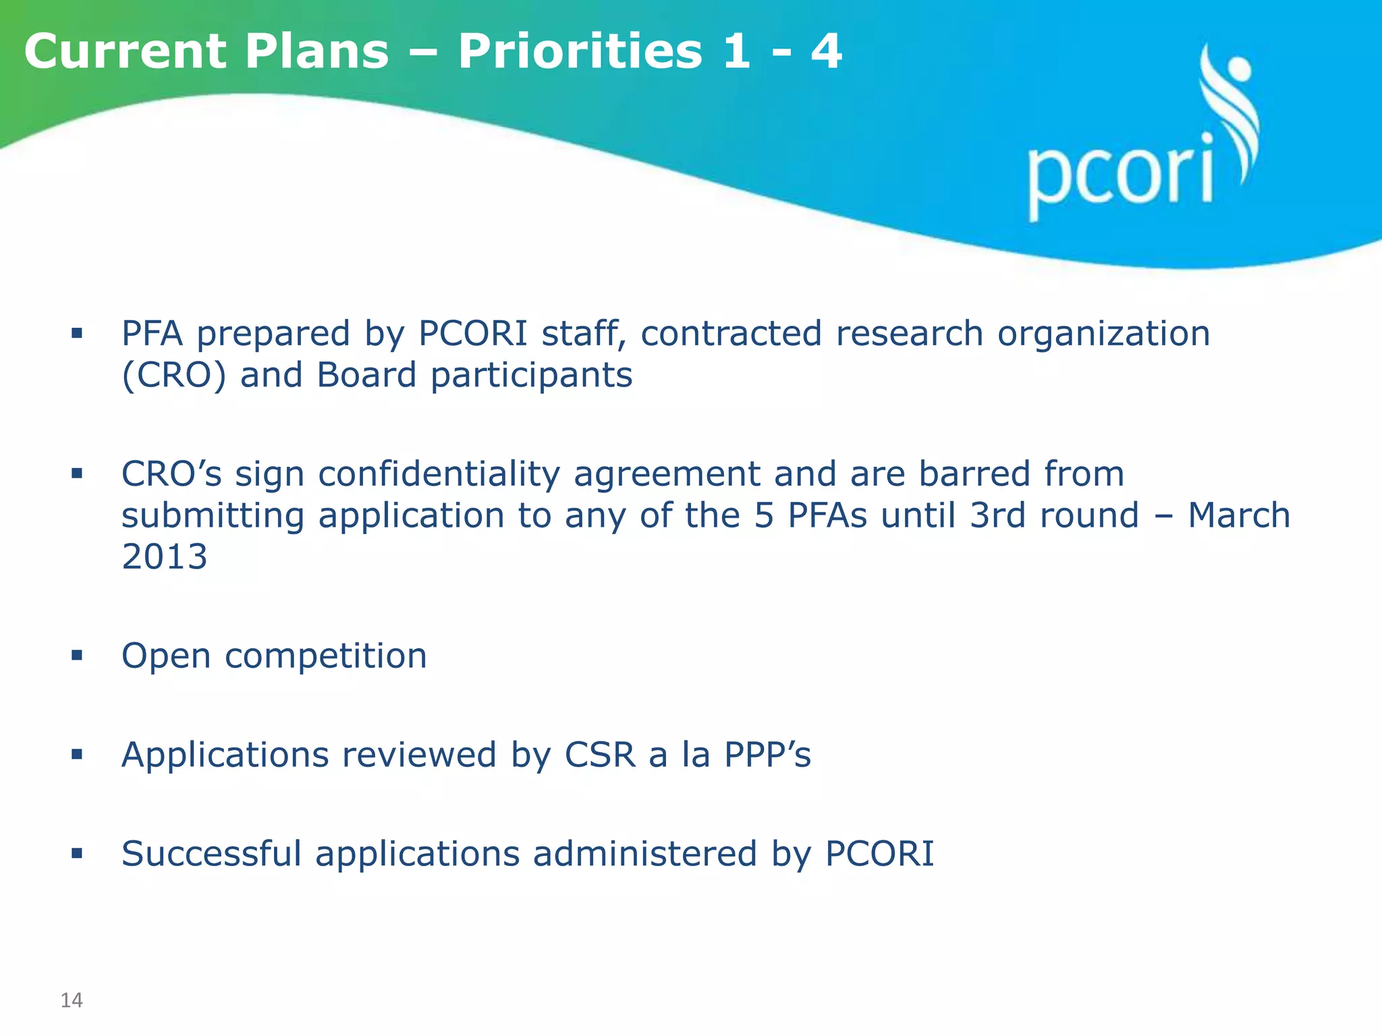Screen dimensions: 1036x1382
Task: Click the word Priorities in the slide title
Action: tap(580, 51)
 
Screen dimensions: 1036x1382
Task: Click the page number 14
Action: tap(72, 1000)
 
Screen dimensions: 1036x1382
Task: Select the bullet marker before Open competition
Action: tap(77, 655)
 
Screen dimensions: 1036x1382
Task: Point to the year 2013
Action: tap(164, 557)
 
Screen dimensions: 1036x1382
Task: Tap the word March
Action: tap(1239, 515)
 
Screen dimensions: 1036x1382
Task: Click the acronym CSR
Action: tap(600, 754)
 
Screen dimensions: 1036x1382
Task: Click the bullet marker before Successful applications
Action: tap(77, 853)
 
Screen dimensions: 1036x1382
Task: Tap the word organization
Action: tap(1104, 333)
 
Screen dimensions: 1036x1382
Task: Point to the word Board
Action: tap(366, 375)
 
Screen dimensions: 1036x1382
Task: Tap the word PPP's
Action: tap(767, 754)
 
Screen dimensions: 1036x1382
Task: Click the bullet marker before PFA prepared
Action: tap(77, 333)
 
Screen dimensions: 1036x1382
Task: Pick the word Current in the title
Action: tap(126, 51)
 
